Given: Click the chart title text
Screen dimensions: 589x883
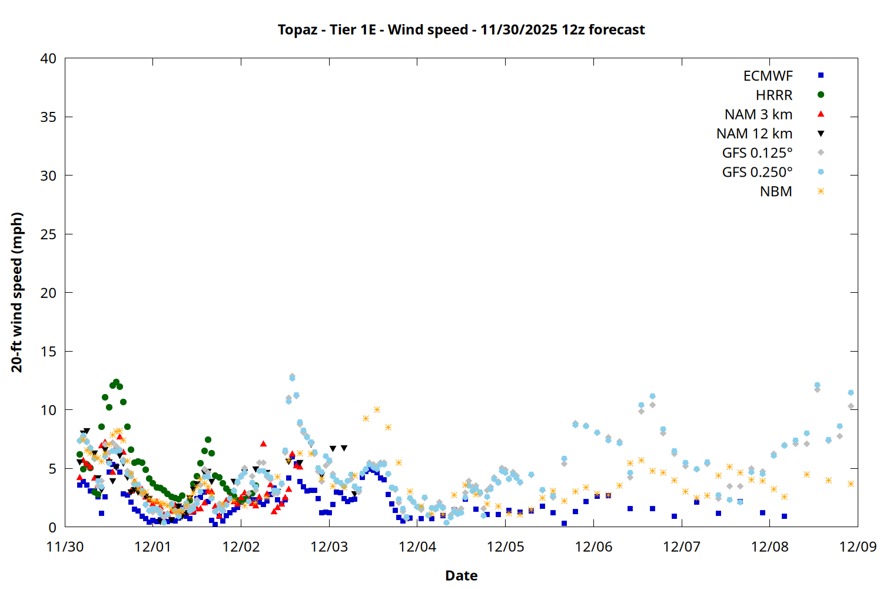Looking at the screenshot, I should click(461, 29).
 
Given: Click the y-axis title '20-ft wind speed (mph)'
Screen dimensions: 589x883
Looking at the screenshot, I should click(16, 292).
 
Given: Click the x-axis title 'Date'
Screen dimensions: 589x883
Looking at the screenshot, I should click(461, 575).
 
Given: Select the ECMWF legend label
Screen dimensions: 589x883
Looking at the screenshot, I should click(768, 75).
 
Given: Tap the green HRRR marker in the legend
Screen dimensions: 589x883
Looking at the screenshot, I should click(821, 95).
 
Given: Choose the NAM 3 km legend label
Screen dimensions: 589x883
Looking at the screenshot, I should click(758, 114).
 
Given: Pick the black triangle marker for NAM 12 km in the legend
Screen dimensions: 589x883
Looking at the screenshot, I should click(821, 134).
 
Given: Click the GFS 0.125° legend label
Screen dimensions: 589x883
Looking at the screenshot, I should click(757, 153).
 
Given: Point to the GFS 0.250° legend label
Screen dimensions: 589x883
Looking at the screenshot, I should click(757, 172).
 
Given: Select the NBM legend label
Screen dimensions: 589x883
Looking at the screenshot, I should click(776, 191).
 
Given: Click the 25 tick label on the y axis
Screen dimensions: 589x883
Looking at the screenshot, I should click(48, 234).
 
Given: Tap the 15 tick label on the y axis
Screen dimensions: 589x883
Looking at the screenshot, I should click(48, 351).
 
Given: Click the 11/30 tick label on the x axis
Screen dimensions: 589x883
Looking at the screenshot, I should click(65, 547).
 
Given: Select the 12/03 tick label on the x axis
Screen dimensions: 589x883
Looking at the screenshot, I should click(329, 547).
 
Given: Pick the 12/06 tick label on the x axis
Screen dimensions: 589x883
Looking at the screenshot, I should click(593, 547).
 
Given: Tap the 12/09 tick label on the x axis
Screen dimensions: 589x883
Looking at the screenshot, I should click(858, 547).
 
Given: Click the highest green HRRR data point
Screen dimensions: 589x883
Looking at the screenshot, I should click(116, 382).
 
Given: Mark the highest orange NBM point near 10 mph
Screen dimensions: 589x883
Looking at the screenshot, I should click(377, 409).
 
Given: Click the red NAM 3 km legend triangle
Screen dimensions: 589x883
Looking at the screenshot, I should click(821, 114).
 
